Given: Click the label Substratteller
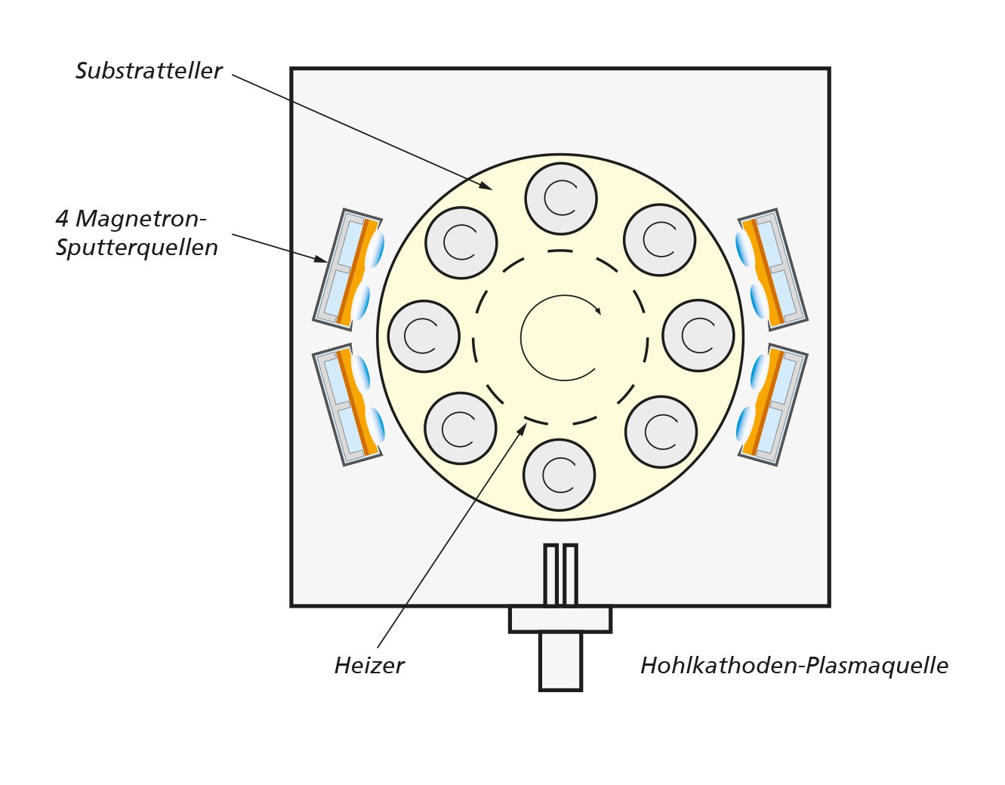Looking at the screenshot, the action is [x=149, y=71].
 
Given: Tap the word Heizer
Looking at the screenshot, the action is [x=369, y=666].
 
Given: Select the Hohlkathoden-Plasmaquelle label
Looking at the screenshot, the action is [x=794, y=666].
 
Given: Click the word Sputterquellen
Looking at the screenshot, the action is [x=137, y=248].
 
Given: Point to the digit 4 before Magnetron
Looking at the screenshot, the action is [x=63, y=219].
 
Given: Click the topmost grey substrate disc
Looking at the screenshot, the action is [x=561, y=199].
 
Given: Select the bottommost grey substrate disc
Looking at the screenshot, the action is [x=560, y=476].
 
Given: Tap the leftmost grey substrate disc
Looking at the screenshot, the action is [x=424, y=336].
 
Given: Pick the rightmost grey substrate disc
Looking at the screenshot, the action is [x=698, y=335].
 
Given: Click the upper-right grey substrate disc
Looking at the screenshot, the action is [x=659, y=240].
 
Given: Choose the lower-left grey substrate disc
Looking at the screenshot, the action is [x=461, y=429].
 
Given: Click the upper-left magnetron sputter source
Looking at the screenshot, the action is [x=349, y=269].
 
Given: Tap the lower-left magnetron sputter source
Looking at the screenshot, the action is [x=349, y=404].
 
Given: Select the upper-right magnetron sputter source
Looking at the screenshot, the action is [x=772, y=269].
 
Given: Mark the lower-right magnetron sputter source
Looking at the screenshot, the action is [x=772, y=404].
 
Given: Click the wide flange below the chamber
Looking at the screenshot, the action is [x=560, y=619].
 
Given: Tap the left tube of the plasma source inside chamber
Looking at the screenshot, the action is [x=550, y=574].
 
